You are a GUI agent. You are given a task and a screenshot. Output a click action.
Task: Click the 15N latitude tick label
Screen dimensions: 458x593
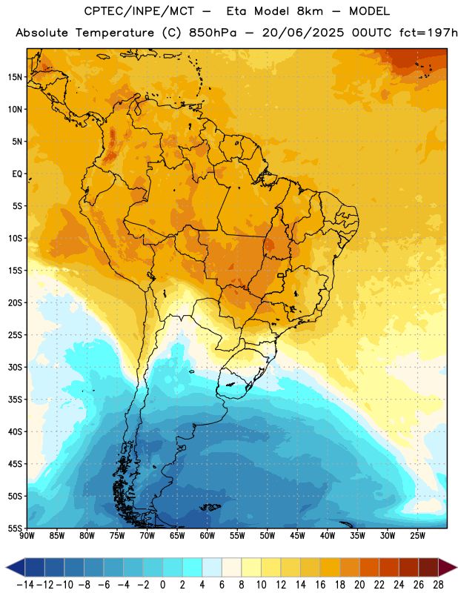pos(15,77)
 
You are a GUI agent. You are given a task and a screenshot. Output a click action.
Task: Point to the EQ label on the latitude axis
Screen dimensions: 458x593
pos(17,174)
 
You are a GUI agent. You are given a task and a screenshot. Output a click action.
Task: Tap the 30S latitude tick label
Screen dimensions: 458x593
pos(15,367)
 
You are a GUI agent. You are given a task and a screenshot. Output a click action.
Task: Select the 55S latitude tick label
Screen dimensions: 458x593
pos(15,529)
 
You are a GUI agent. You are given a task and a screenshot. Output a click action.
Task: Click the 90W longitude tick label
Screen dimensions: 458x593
pos(27,536)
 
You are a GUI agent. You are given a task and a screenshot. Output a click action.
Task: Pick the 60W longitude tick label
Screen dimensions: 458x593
pos(208,536)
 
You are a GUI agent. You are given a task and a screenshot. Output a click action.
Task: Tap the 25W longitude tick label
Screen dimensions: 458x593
pos(417,536)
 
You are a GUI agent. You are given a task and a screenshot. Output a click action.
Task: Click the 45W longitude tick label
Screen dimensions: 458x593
pos(297,536)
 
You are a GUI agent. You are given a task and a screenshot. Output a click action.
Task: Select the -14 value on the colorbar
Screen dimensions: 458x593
pos(25,585)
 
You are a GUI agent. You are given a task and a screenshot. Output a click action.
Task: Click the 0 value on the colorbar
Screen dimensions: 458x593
pos(162,585)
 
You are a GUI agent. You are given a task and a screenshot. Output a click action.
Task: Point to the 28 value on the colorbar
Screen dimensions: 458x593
pos(438,585)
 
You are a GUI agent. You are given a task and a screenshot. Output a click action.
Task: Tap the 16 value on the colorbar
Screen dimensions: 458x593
pos(320,585)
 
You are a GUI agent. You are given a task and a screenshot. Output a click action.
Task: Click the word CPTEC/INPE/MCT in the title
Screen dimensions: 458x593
pos(139,11)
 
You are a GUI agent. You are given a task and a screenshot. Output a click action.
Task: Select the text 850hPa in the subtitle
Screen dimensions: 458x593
pos(213,33)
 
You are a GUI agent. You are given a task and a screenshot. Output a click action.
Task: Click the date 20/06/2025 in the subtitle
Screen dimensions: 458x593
pos(303,33)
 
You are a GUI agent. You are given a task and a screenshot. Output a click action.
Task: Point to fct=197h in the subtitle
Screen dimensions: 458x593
pos(428,33)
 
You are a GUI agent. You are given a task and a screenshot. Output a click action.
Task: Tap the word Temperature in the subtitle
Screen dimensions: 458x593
pos(115,33)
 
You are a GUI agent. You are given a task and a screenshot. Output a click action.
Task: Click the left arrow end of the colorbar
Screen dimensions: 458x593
pos(15,567)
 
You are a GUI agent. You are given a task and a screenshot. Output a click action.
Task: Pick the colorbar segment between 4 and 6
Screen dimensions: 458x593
pos(212,567)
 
